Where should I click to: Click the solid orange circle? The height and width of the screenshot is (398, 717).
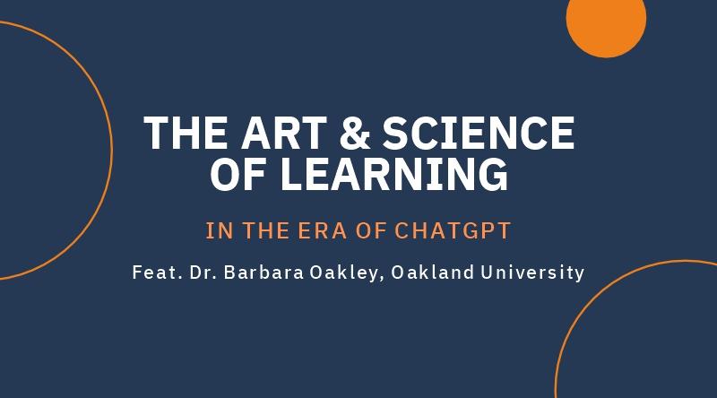coord(606,18)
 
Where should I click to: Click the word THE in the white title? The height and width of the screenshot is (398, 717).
coord(186,133)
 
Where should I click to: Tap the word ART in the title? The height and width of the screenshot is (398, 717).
coord(285,133)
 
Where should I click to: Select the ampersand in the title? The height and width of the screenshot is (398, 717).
coord(355,133)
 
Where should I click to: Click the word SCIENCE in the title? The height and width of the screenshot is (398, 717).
coord(479,133)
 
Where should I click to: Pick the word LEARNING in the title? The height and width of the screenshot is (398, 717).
coord(394,174)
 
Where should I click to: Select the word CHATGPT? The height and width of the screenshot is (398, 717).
coord(453,230)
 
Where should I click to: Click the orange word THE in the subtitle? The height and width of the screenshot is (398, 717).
coord(265,230)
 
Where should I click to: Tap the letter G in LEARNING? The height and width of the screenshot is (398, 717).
coord(494,174)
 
